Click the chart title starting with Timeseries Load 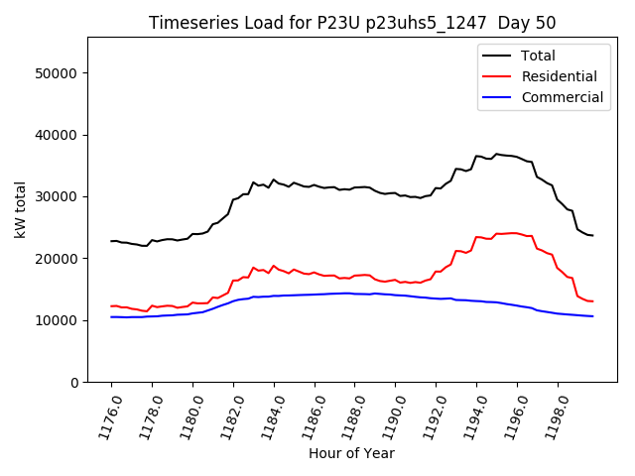pos(352,23)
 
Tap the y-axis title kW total pos(21,209)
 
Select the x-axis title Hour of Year pos(351,453)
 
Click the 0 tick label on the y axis pos(75,382)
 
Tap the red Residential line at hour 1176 pos(111,306)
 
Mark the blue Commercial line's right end pos(592,316)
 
